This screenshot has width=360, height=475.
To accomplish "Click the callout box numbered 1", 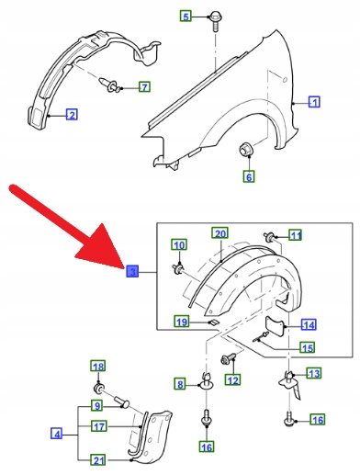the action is (x=314, y=102).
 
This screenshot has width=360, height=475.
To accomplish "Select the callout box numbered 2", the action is (x=72, y=115).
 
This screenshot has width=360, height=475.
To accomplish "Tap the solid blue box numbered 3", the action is (x=132, y=271).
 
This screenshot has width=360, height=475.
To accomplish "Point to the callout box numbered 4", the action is (x=57, y=434).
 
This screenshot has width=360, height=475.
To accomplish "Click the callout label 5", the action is (x=186, y=16).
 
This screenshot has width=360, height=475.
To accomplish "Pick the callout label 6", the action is (x=249, y=176).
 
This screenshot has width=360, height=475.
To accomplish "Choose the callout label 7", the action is (x=144, y=87).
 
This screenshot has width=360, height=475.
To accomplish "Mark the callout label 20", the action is (x=220, y=233).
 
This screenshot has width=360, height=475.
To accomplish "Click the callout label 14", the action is (x=309, y=325).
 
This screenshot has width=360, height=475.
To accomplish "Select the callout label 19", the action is (x=182, y=322).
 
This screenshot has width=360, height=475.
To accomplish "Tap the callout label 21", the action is (x=98, y=460).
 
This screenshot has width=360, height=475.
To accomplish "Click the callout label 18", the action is (x=98, y=367).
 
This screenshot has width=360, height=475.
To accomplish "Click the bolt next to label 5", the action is (x=216, y=22).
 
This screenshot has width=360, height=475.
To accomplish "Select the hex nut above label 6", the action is (x=245, y=149).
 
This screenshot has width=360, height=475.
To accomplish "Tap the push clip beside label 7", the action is (x=109, y=85).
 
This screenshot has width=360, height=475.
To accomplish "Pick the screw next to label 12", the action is (x=229, y=358).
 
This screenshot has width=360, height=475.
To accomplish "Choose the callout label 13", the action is (x=314, y=373).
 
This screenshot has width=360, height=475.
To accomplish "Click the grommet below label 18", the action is (x=98, y=389).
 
